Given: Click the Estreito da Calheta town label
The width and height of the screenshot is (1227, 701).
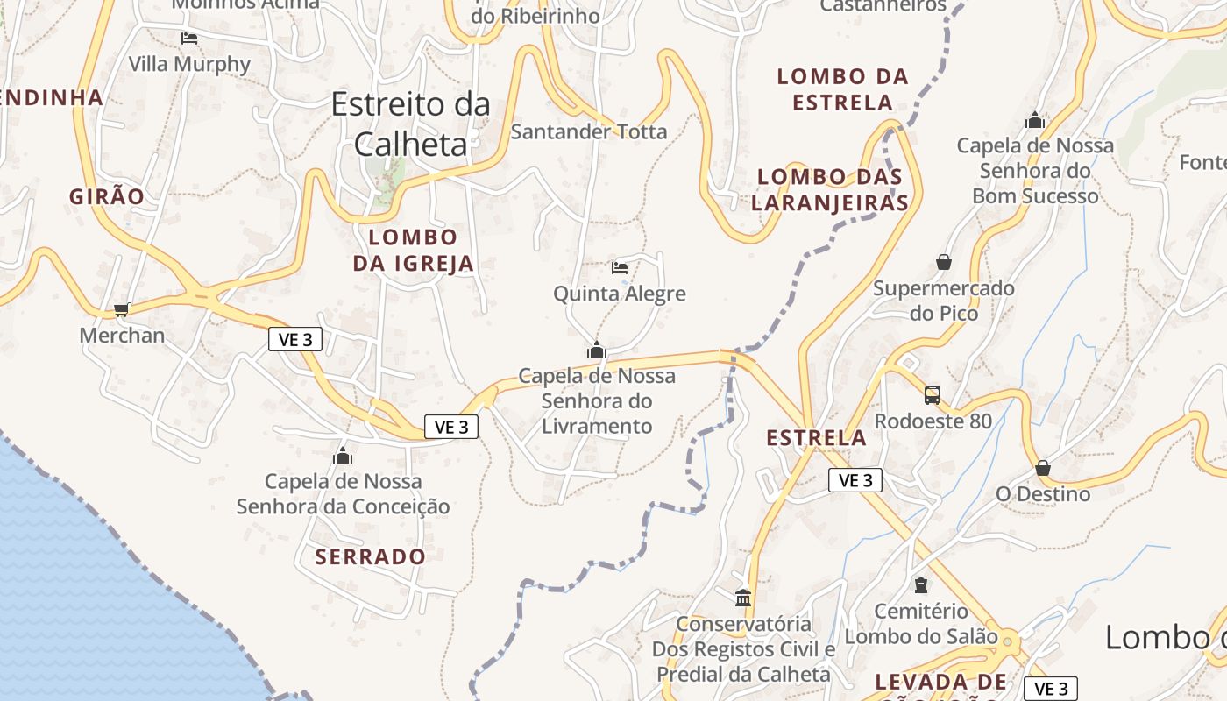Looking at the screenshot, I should point(410,124).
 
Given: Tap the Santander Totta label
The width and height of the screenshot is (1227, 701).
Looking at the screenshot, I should point(589,132).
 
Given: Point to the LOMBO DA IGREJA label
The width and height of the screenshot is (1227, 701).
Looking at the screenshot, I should point(413,250).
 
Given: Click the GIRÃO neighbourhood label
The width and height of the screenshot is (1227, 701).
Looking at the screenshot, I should point(107,196).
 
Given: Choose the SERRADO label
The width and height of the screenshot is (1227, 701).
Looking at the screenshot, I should point(370,556).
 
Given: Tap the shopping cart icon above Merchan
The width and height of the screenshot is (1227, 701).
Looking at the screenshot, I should point(122,309).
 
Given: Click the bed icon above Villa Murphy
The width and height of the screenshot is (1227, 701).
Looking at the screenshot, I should point(189,39).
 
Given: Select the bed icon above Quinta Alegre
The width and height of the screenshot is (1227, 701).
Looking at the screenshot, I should point(620,267).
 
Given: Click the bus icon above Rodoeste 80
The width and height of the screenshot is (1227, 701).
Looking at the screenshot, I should point(933,394).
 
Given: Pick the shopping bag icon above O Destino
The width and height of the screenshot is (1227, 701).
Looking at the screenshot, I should point(1043,468).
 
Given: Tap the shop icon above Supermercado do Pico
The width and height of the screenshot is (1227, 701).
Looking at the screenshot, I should point(944,262).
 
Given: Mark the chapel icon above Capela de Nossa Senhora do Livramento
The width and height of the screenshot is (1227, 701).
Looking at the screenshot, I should point(597,350).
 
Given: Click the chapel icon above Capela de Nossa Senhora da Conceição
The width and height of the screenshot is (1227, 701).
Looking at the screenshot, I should point(343,456).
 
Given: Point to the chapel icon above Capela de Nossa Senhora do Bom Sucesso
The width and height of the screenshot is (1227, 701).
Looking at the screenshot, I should point(1035,120).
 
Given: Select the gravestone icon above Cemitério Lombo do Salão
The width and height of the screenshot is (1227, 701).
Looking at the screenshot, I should point(921,585).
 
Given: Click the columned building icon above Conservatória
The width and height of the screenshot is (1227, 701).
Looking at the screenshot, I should point(744,598).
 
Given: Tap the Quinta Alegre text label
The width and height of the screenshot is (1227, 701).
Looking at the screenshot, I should point(620,294).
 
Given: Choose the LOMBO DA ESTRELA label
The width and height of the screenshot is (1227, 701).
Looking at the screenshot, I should point(842,89).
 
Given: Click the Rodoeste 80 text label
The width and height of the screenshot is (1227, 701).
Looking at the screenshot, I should point(933,421).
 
